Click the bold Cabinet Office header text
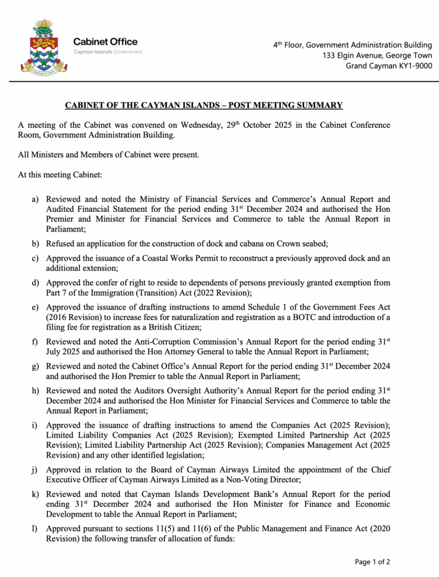(x=105, y=42)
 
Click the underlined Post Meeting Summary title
(x=203, y=105)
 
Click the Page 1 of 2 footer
(x=372, y=561)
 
